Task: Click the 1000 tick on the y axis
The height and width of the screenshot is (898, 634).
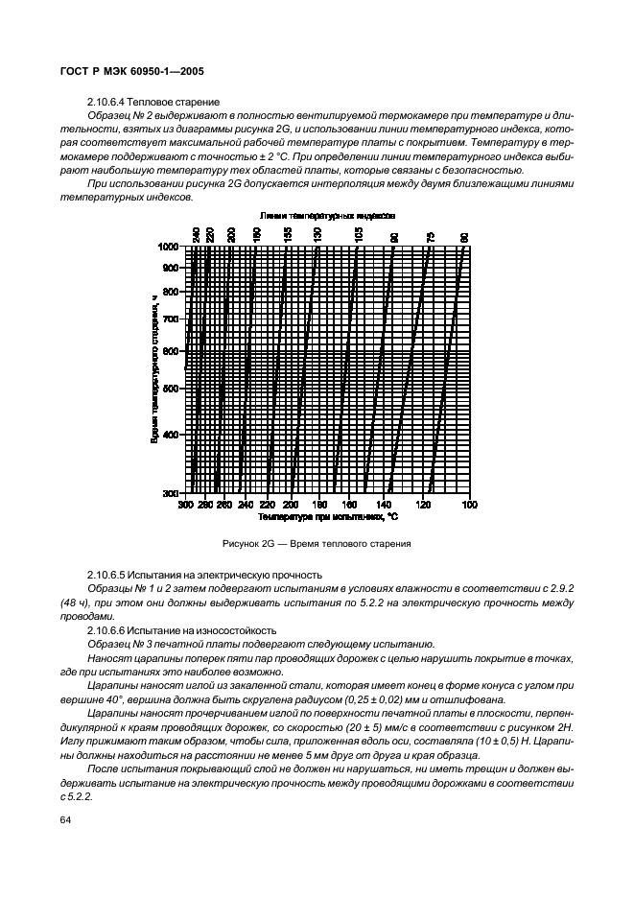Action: pos(170,247)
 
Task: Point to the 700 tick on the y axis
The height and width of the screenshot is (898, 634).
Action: pos(172,318)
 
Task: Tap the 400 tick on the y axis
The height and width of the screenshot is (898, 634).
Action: pos(172,435)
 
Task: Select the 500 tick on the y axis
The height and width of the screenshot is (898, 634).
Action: pos(172,389)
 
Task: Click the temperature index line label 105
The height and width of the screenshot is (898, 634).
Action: pos(359,233)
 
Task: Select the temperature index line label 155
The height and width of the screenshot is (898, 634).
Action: pos(288,233)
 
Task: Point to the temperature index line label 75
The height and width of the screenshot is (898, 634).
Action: pos(431,233)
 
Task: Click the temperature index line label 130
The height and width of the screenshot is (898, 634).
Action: pos(317,233)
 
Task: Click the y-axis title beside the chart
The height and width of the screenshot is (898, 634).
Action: pos(153,368)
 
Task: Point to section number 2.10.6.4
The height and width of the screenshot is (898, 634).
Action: pos(107,102)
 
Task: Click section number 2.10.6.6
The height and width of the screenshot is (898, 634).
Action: pos(107,629)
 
